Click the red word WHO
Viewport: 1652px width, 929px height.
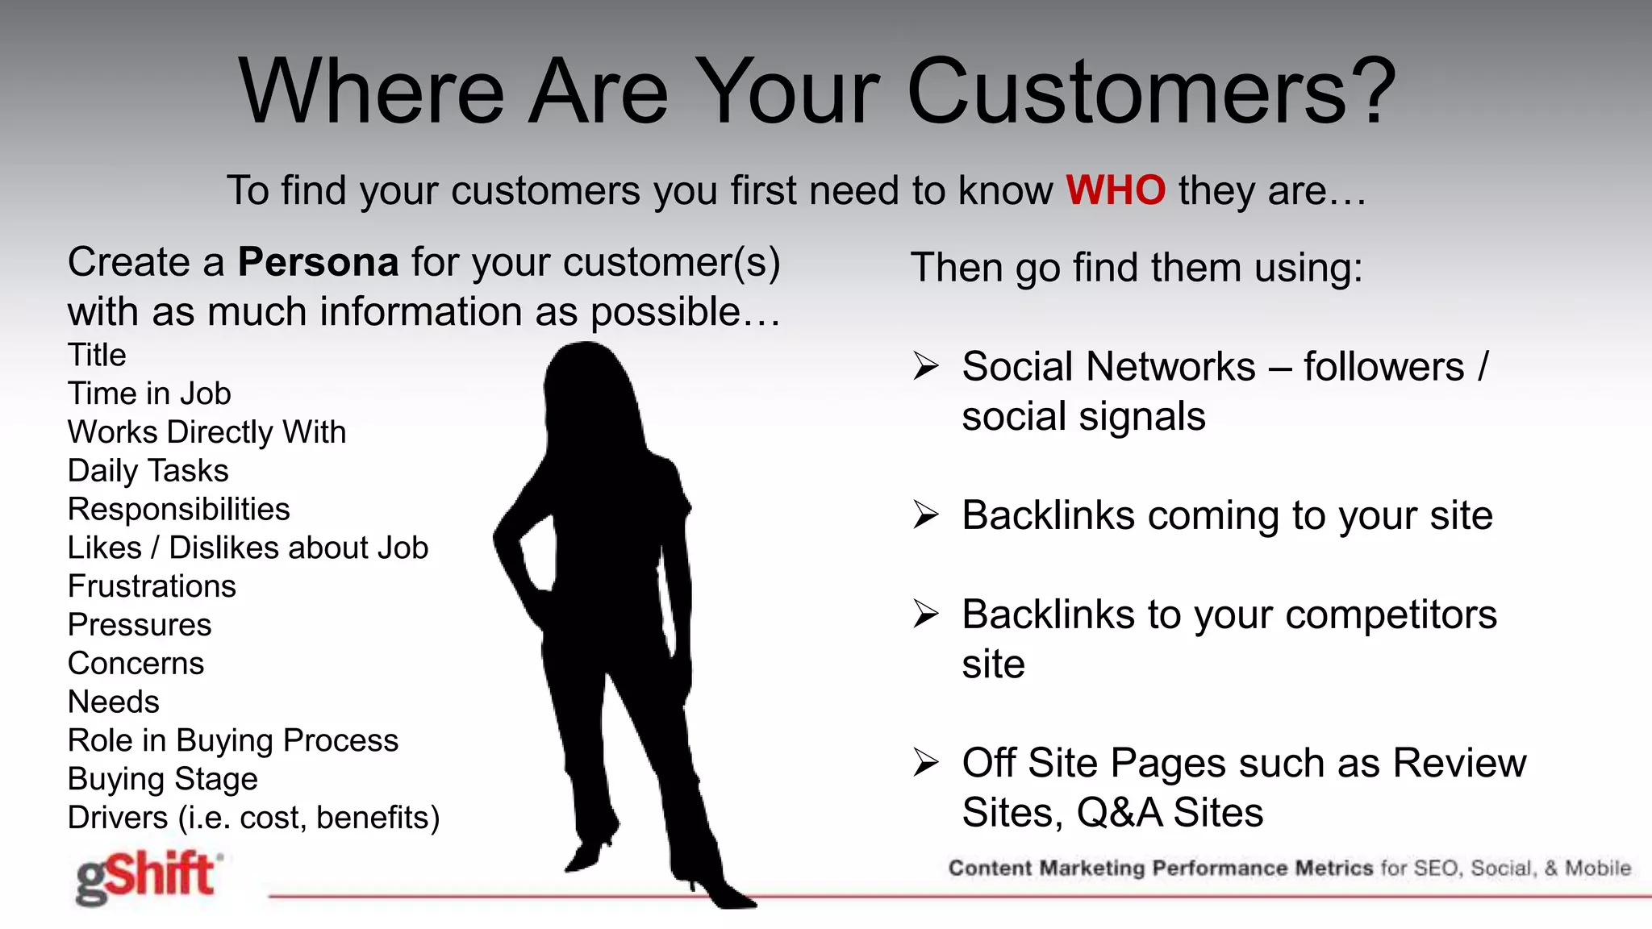(x=1115, y=190)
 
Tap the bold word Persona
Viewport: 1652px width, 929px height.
(x=318, y=262)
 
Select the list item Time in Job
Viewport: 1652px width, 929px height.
(x=149, y=394)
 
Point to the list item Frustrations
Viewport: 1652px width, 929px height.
(x=152, y=586)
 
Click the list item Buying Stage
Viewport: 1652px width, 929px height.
(x=162, y=779)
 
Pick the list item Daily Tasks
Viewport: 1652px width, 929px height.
(x=148, y=470)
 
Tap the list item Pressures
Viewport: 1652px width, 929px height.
(x=140, y=625)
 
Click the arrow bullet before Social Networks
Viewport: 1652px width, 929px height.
(x=926, y=367)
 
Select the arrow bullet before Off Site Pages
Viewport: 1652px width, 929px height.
(x=926, y=762)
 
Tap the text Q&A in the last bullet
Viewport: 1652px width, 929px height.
(x=1119, y=812)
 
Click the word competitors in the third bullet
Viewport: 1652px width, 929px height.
(x=1391, y=614)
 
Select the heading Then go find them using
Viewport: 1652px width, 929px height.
(x=1136, y=268)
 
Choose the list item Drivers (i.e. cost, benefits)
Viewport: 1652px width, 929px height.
(x=253, y=818)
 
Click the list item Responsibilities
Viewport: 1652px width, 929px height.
(x=178, y=509)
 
